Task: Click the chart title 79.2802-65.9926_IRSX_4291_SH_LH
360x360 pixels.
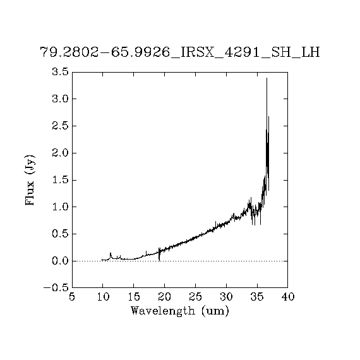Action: (x=180, y=53)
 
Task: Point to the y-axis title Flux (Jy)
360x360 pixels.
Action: (x=30, y=180)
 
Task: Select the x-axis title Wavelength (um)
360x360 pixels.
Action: (x=180, y=311)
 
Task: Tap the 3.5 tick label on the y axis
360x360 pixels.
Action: (x=61, y=72)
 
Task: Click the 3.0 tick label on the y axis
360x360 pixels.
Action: (x=61, y=99)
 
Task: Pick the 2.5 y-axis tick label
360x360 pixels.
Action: (x=61, y=126)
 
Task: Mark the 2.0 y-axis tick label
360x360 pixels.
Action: (x=61, y=153)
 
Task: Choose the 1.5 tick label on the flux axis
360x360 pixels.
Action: (x=61, y=180)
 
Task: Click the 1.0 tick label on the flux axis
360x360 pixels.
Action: (x=61, y=207)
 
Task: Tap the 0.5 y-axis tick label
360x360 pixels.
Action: (x=61, y=234)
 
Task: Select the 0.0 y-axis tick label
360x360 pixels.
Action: (x=61, y=261)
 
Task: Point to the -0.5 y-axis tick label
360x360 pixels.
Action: (x=56, y=288)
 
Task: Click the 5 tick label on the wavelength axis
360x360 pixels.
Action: (x=72, y=297)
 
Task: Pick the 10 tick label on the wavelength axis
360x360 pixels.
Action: (x=103, y=297)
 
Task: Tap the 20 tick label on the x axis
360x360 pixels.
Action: (x=165, y=297)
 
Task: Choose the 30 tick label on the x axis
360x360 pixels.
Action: (x=226, y=297)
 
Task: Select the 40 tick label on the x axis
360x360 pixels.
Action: (x=288, y=297)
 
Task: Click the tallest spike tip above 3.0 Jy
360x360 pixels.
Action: (x=267, y=78)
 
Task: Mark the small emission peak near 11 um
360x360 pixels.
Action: (x=111, y=253)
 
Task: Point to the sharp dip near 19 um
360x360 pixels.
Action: (x=159, y=260)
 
